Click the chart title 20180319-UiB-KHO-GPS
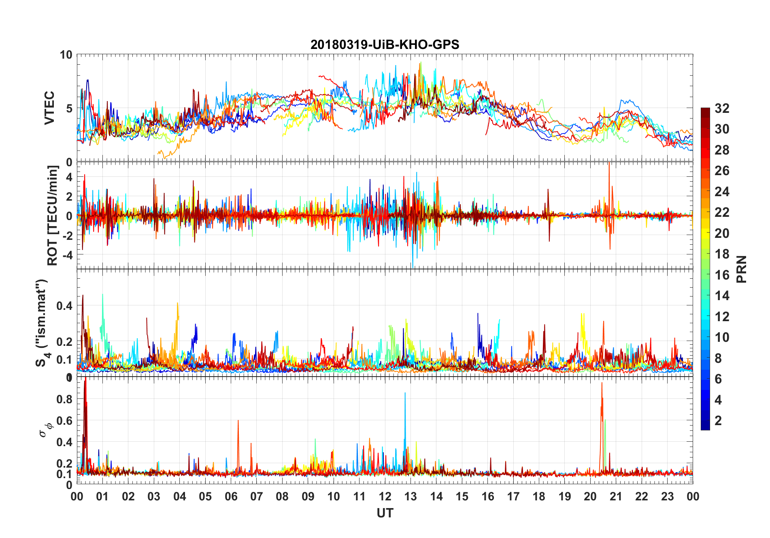point(385,44)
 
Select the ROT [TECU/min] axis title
point(53,215)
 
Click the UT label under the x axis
point(385,513)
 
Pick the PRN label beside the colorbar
point(741,269)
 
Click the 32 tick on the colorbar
point(722,108)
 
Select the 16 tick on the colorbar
point(722,275)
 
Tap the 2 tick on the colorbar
point(718,421)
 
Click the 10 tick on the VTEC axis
point(66,55)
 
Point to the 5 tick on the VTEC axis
point(69,108)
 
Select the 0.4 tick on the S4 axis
point(64,306)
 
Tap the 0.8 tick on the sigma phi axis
point(64,399)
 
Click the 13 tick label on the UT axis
point(411,497)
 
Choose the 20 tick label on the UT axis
point(590,497)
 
